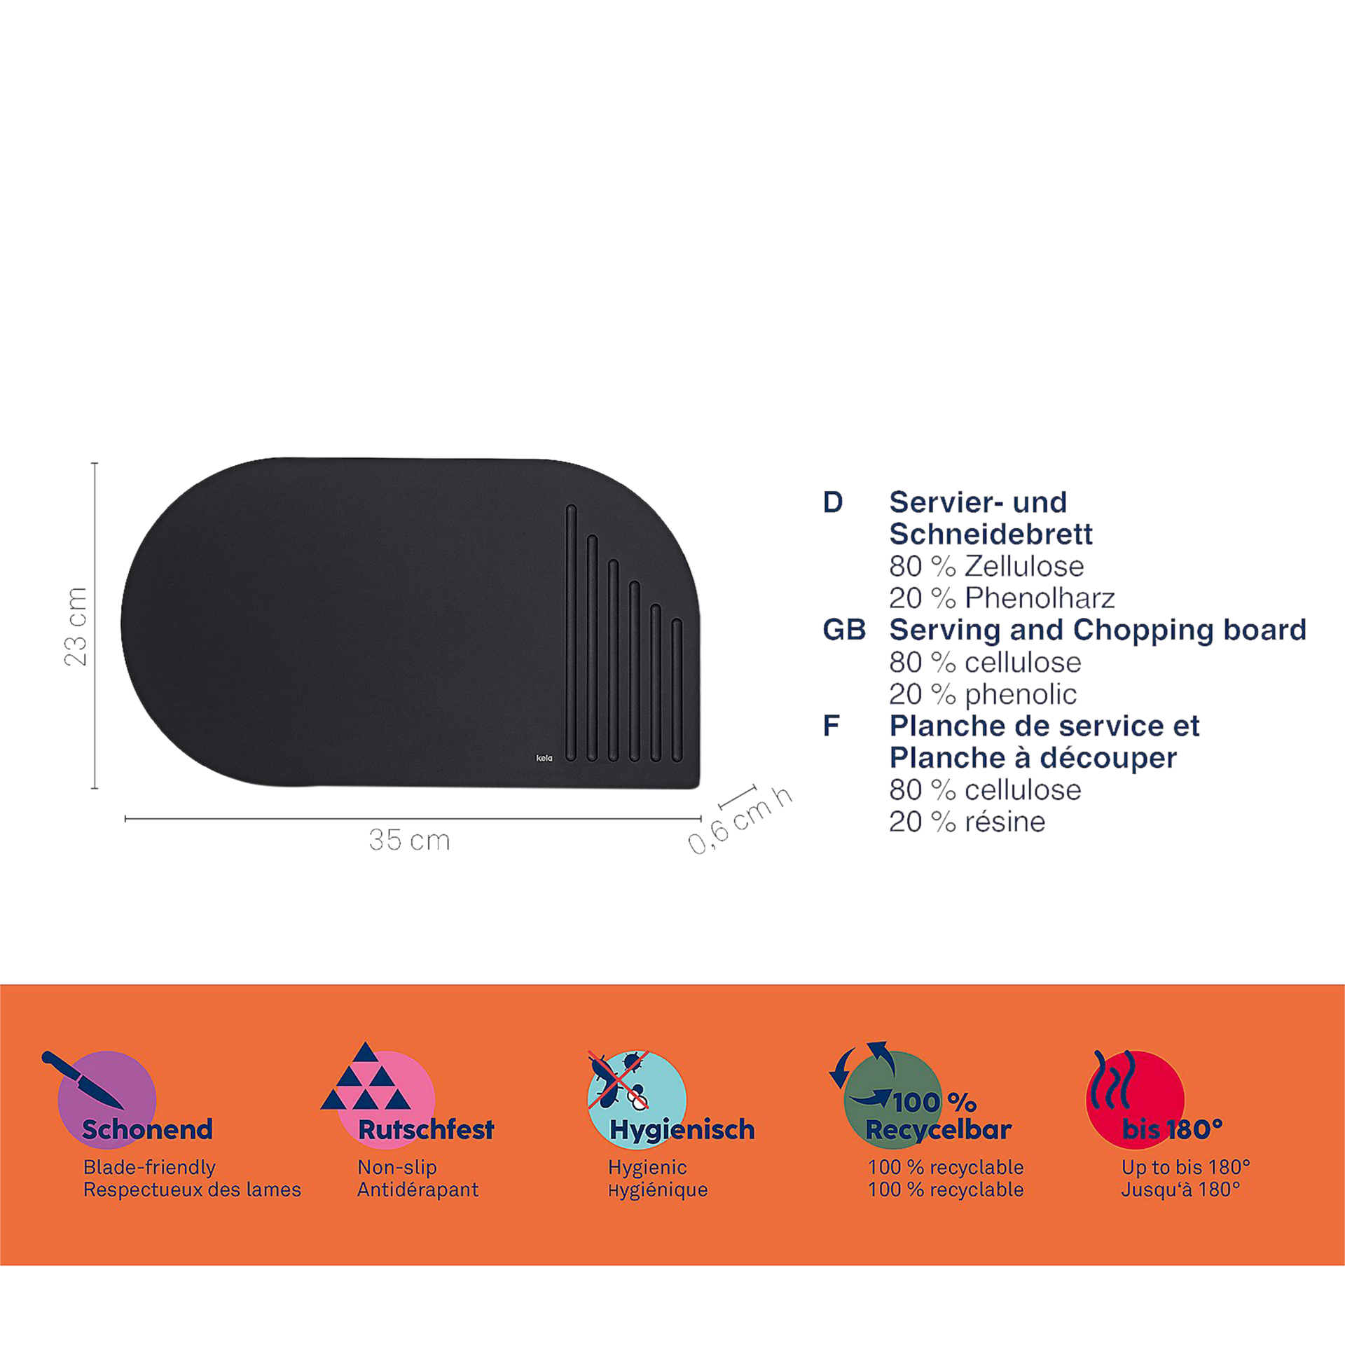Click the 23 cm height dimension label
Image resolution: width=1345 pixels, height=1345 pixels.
76,626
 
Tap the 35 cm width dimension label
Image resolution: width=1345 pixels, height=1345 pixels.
409,840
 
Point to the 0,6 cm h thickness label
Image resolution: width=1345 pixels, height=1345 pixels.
740,820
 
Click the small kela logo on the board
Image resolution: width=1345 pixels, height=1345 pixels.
544,758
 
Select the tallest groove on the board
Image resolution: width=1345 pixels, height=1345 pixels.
571,633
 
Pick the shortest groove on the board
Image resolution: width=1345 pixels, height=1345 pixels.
677,689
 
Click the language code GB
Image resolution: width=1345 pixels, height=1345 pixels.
844,630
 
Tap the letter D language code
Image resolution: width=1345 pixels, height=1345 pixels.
833,502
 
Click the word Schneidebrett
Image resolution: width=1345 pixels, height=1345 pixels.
991,534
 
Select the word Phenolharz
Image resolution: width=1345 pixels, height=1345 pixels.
1040,598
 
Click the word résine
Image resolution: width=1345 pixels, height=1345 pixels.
1005,821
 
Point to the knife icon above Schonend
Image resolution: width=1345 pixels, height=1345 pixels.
82,1080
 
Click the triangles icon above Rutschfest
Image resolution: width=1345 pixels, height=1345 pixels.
366,1076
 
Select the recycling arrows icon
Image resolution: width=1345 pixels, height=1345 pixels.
862,1074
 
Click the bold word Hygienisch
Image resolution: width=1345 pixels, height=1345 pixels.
682,1129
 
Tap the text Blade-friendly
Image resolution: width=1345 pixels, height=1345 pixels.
149,1166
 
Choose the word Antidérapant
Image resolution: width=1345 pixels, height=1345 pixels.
418,1189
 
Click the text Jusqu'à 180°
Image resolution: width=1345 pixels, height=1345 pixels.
1180,1189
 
